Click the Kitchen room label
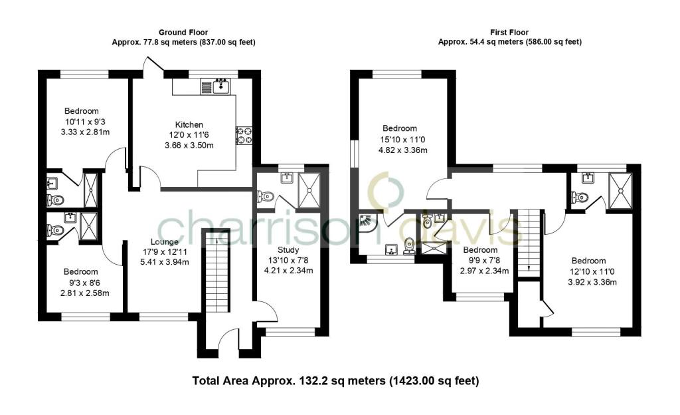(189, 124)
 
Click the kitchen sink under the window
(220, 86)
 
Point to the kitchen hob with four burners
(244, 135)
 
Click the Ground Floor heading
(183, 32)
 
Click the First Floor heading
(509, 32)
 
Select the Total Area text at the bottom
(335, 381)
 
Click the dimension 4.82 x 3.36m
(399, 150)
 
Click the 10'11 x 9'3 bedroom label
(81, 111)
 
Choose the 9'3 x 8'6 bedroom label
(81, 272)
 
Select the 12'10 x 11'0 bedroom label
(588, 261)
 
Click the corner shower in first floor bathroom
(367, 223)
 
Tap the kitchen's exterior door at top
(153, 67)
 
